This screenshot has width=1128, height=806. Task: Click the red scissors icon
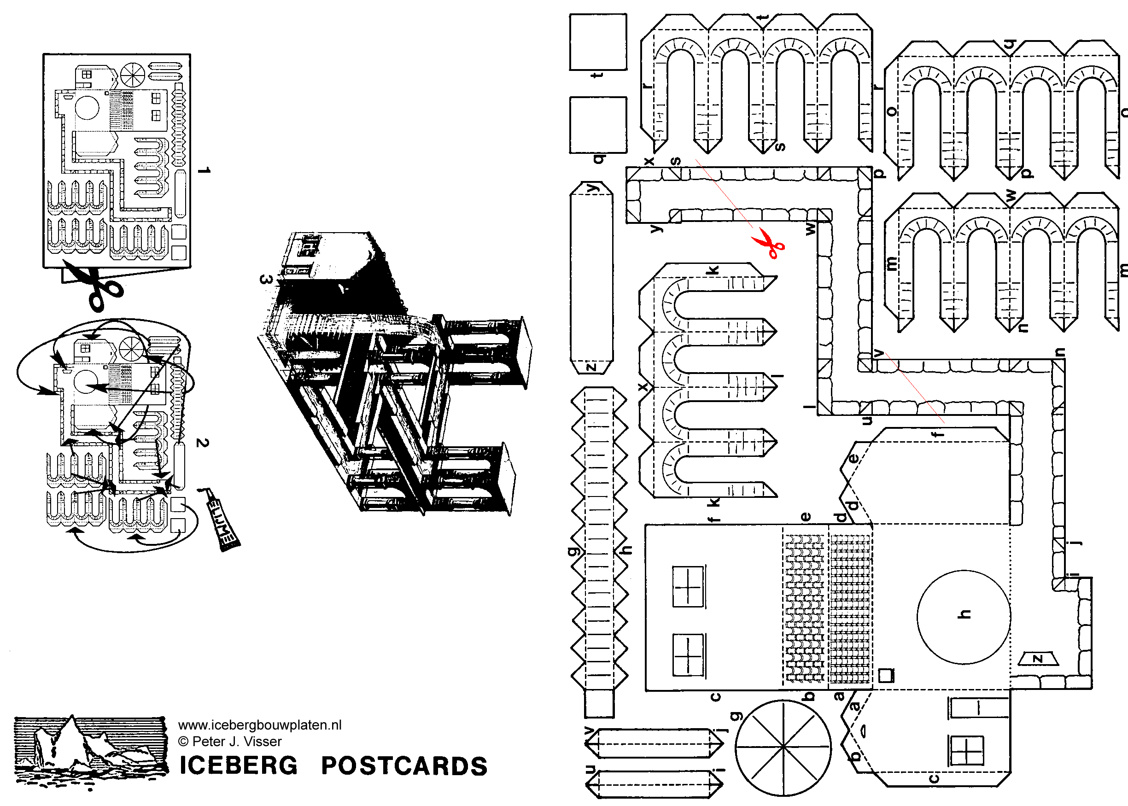point(768,244)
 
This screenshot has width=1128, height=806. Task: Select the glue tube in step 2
point(222,520)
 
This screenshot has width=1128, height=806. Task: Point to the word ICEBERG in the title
point(238,766)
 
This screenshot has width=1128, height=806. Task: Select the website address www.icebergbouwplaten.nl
point(259,725)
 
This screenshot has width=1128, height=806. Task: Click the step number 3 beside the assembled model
point(266,280)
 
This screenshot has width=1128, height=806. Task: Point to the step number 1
point(204,170)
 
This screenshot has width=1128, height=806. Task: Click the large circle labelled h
point(963,616)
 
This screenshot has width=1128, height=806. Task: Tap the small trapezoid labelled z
point(1038,659)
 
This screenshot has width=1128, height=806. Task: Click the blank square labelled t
point(598,42)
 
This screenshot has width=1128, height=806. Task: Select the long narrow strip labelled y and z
point(591,278)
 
